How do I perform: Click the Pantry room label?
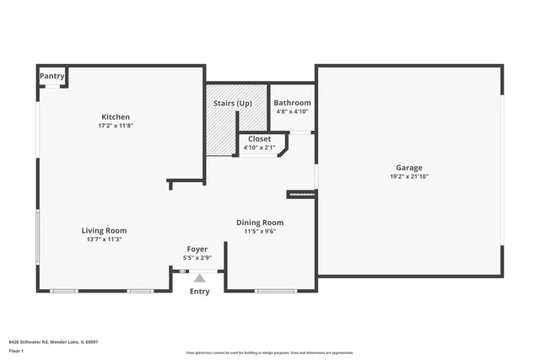coord(52,77)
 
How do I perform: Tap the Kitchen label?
coord(116,116)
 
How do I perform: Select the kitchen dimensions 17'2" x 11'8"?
coord(116,126)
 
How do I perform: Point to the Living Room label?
coord(104,230)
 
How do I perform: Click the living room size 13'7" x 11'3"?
coord(104,239)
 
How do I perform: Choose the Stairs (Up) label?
coord(233,103)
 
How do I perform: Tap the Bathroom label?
coord(292,103)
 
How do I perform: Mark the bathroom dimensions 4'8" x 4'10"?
coord(292,111)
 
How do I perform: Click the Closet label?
coord(259,138)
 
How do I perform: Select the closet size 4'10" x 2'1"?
coord(259,148)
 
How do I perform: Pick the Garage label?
coord(410,168)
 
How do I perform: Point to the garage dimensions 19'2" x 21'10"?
coord(410,177)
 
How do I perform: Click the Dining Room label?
coord(260,222)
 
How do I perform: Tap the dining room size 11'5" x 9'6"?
coord(260,231)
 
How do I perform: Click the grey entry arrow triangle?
coord(200,277)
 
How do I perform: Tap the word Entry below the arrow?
coord(199,292)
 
